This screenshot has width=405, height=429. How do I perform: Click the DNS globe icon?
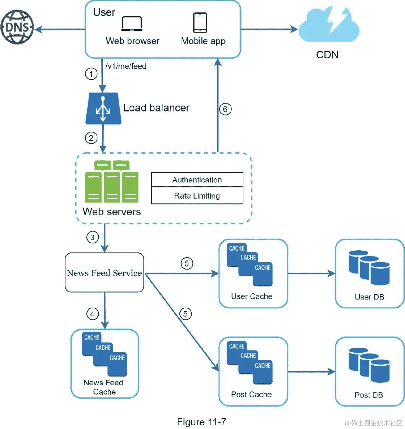[x=17, y=27]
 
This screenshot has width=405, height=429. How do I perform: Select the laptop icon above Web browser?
[x=132, y=24]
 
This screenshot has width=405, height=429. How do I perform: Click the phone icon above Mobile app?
[x=200, y=23]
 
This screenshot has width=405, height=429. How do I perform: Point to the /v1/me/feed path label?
[x=126, y=66]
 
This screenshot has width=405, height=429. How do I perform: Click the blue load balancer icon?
[x=103, y=109]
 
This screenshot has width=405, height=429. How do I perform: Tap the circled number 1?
[x=91, y=74]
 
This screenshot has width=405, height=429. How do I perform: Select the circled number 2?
[x=91, y=138]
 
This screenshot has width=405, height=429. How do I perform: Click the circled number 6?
[x=225, y=109]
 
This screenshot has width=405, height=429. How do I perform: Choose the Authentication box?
[x=197, y=180]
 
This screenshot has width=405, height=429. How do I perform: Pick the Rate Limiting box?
[x=197, y=196]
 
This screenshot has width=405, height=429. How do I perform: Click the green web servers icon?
[x=112, y=182]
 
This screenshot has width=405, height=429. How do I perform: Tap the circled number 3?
[x=93, y=237]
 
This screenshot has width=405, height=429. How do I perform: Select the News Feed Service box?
[x=104, y=273]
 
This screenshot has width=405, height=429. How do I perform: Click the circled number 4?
[x=93, y=314]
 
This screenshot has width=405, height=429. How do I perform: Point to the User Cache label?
[x=252, y=297]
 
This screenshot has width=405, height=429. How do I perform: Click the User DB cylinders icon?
[x=369, y=267]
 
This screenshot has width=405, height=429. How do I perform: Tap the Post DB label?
[x=369, y=395]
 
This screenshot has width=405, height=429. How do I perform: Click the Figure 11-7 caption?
[x=201, y=422]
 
